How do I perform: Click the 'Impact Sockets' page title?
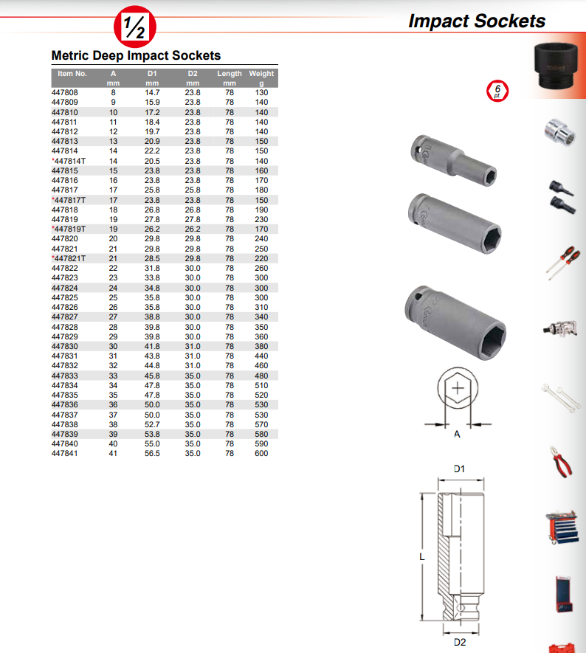[x=477, y=21]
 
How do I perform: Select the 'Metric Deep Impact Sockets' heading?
[x=136, y=55]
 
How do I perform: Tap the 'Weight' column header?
[x=261, y=74]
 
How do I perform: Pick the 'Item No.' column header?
[x=72, y=74]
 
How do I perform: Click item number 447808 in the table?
[x=64, y=93]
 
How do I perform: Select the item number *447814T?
[x=69, y=161]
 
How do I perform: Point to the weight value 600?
[x=262, y=454]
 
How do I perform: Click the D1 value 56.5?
[x=152, y=454]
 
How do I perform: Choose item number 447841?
[x=64, y=454]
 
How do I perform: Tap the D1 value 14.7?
[x=152, y=93]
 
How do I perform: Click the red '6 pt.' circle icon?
[x=497, y=91]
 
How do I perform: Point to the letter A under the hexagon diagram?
[x=457, y=435]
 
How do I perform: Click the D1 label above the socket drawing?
[x=459, y=469]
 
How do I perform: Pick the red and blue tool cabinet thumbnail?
[x=562, y=528]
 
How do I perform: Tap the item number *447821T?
[x=69, y=258]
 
